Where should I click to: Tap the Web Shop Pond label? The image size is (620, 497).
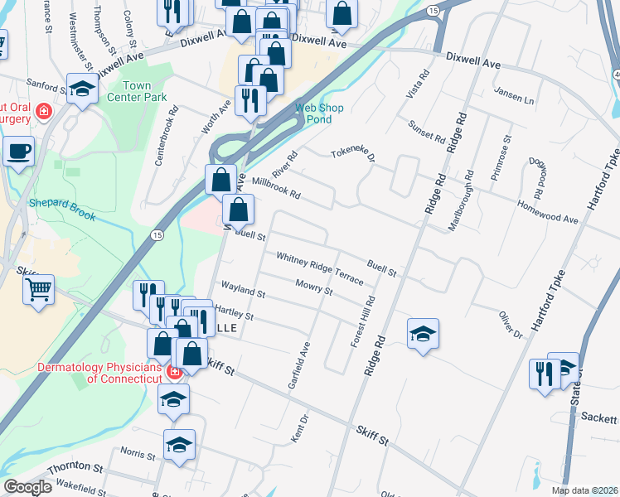pyautogui.click(x=314, y=113)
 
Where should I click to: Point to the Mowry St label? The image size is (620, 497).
pyautogui.click(x=313, y=287)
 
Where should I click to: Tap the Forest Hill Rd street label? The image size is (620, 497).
pyautogui.click(x=362, y=321)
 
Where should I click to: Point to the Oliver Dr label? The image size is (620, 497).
pyautogui.click(x=510, y=324)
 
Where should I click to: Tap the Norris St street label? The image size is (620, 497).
pyautogui.click(x=138, y=454)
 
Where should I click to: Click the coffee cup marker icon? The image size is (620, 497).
pyautogui.click(x=18, y=152)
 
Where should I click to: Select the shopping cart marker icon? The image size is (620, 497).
pyautogui.click(x=38, y=291)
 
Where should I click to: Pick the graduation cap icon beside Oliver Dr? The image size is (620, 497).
pyautogui.click(x=423, y=334)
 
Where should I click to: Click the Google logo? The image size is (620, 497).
pyautogui.click(x=27, y=487)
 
